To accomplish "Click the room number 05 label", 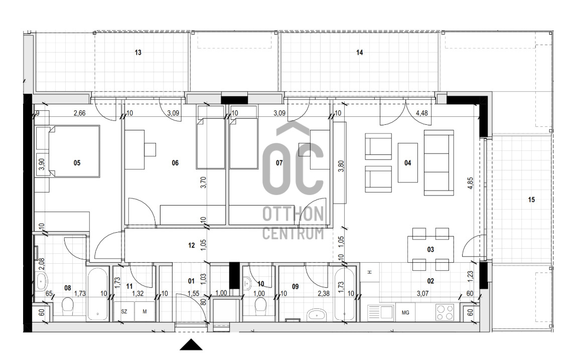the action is click(x=77, y=163).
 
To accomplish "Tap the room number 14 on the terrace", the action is click(x=360, y=53).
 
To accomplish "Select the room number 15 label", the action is click(x=531, y=200).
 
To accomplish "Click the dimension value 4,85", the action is click(x=471, y=183).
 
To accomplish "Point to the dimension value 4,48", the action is click(x=422, y=113).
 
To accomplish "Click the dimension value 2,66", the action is click(x=80, y=113).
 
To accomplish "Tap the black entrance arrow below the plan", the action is click(x=191, y=344).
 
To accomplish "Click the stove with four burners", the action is click(x=445, y=312).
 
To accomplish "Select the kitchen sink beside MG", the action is click(x=380, y=312).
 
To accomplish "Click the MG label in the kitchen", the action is click(x=405, y=313).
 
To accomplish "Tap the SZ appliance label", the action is click(x=124, y=311).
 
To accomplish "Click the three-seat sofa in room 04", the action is click(x=439, y=162).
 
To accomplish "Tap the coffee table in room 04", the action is click(x=408, y=163).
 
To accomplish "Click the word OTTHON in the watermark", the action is click(x=293, y=215).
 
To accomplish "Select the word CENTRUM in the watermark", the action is click(x=293, y=233).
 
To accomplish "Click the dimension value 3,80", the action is click(x=341, y=166).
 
